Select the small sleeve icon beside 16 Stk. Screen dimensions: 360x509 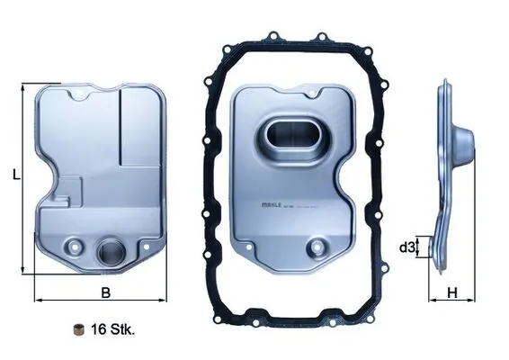[x=79, y=329]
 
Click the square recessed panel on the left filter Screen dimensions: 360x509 [x=142, y=133]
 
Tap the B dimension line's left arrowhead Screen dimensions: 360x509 [x=36, y=299]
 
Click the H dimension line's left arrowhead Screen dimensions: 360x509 [x=431, y=299]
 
